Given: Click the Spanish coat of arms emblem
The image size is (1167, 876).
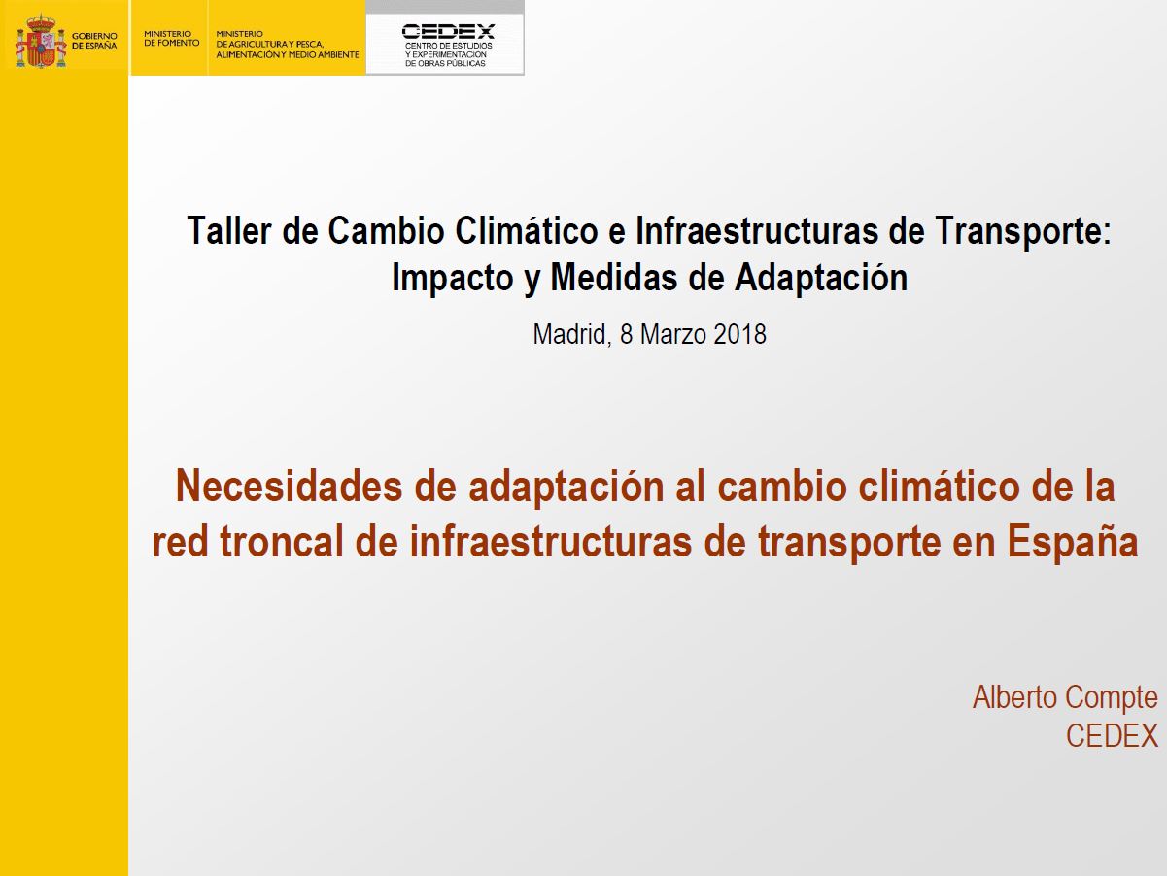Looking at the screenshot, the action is point(41,41).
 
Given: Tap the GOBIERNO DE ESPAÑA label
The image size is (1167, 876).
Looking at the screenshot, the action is point(94,41).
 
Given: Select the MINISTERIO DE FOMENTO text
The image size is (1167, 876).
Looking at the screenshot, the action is point(171,38).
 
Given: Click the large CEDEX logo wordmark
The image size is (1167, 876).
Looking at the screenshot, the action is point(448,31).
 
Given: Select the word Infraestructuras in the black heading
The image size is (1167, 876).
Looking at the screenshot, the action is point(757,231).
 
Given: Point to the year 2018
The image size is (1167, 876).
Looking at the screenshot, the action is point(739,334).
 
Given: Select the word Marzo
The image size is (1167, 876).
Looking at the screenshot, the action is point(672,334).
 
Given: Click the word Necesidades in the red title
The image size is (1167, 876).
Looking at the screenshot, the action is point(289,487).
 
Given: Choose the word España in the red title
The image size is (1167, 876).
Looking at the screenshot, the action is point(1073,542).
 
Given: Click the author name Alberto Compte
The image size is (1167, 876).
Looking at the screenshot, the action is point(1065,697).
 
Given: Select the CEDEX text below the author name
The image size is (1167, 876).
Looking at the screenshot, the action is point(1112,736).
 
